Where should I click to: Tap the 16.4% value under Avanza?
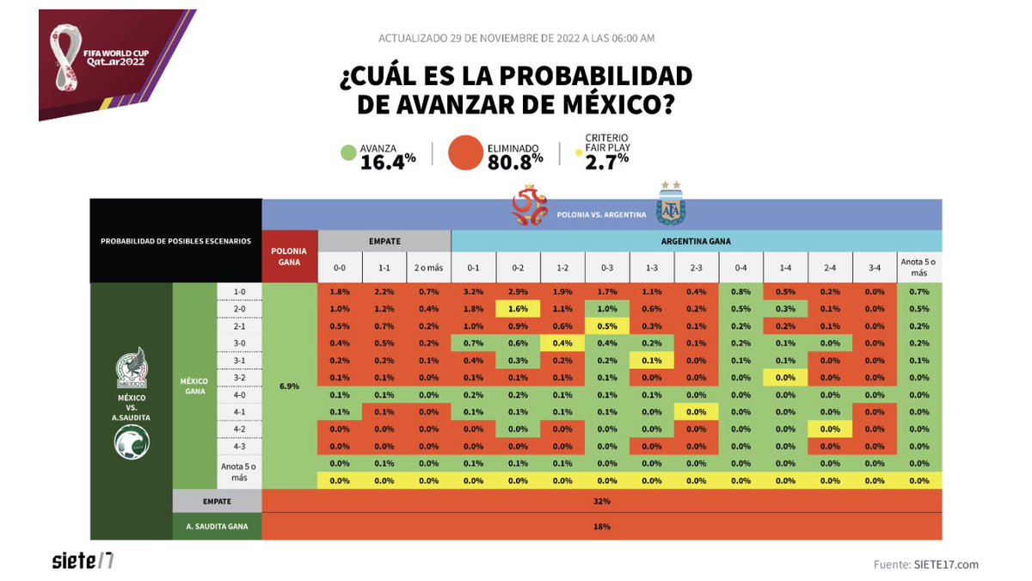[388, 160]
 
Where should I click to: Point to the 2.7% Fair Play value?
[607, 161]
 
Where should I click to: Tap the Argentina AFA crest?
[668, 205]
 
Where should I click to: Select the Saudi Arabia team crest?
[132, 442]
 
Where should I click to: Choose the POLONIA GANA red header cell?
[290, 257]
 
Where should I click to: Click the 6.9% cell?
[290, 386]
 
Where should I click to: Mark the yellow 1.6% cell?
[518, 308]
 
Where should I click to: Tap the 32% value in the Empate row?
[601, 501]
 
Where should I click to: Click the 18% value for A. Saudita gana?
[601, 526]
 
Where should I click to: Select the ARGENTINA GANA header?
[696, 241]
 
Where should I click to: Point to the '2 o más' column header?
[428, 268]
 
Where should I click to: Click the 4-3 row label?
[239, 446]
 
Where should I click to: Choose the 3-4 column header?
[875, 268]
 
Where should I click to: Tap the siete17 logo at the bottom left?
[83, 560]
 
